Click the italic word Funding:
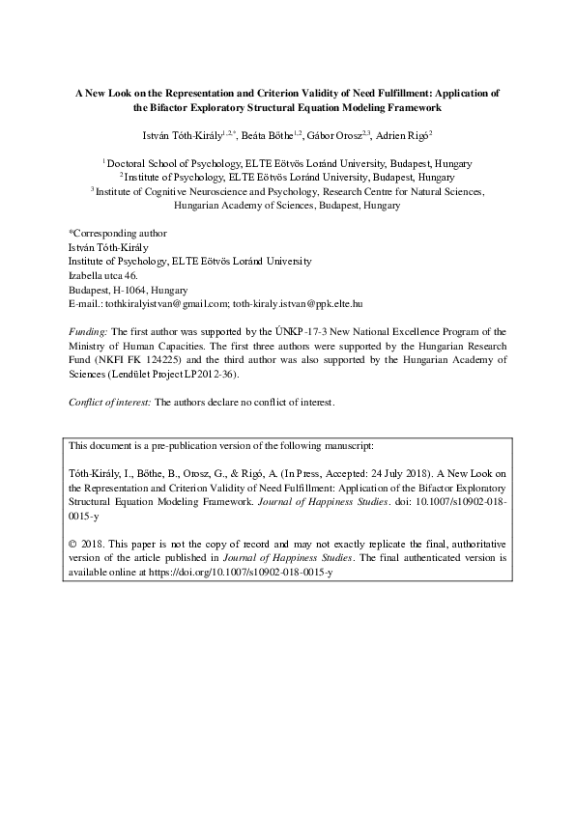click(90, 330)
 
